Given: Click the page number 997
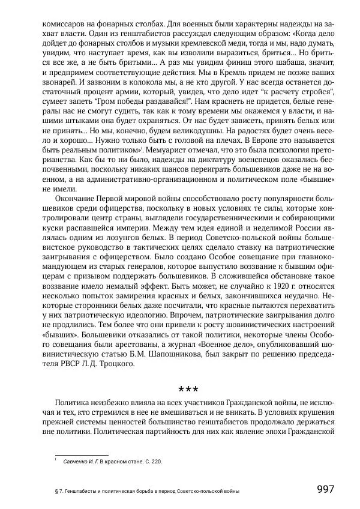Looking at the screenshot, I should (x=325, y=489).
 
